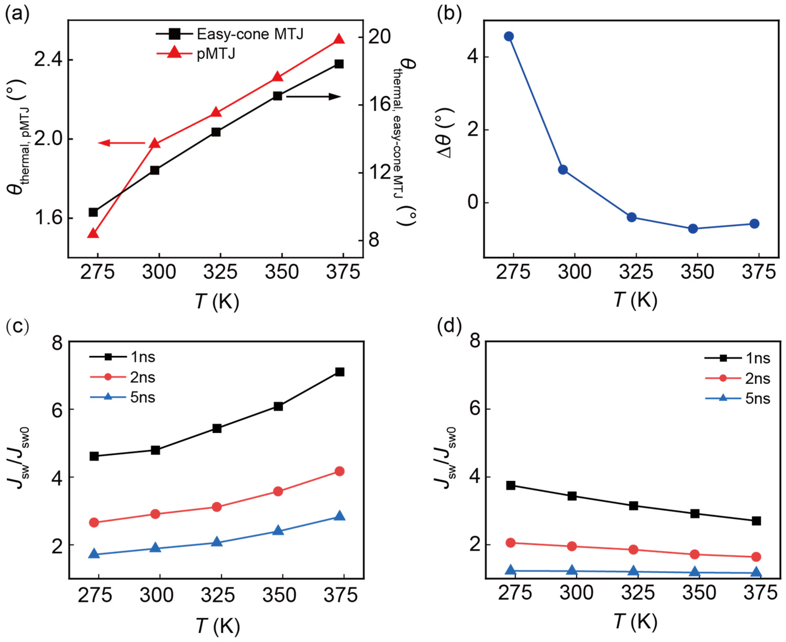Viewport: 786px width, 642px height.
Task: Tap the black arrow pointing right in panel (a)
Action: [313, 97]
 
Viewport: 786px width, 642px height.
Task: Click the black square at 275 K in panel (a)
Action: [93, 212]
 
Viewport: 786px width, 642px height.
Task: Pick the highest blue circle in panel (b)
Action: [509, 36]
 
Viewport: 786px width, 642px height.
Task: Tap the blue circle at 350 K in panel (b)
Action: [693, 229]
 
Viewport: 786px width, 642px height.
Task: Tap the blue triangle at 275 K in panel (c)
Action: [94, 554]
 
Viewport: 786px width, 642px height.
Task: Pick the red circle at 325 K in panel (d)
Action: [633, 550]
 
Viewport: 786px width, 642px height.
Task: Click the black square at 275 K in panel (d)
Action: [511, 485]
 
